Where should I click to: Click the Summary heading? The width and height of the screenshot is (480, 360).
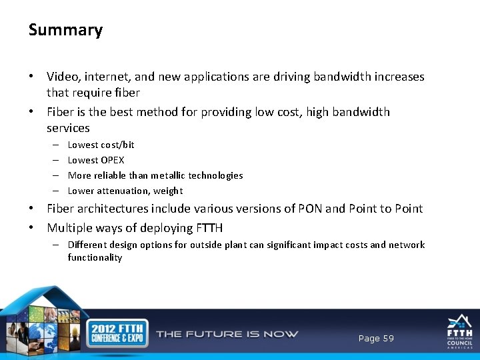(x=65, y=30)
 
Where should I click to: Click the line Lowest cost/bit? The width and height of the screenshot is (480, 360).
(x=101, y=145)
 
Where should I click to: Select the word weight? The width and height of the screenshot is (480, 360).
(x=168, y=191)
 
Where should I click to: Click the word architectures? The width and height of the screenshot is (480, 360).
(x=115, y=209)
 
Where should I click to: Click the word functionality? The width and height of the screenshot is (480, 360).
(x=95, y=257)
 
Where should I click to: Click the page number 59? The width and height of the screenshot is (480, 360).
(x=388, y=339)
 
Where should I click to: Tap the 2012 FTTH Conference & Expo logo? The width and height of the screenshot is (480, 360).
(x=116, y=333)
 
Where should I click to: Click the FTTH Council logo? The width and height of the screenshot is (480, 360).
(x=459, y=332)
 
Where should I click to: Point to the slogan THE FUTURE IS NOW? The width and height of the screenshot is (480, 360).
(x=227, y=334)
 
